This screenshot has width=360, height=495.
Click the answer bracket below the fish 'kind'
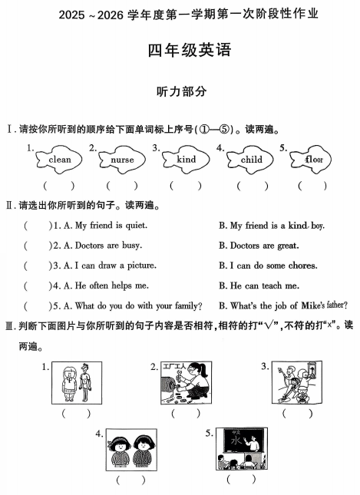coord(185,185)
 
